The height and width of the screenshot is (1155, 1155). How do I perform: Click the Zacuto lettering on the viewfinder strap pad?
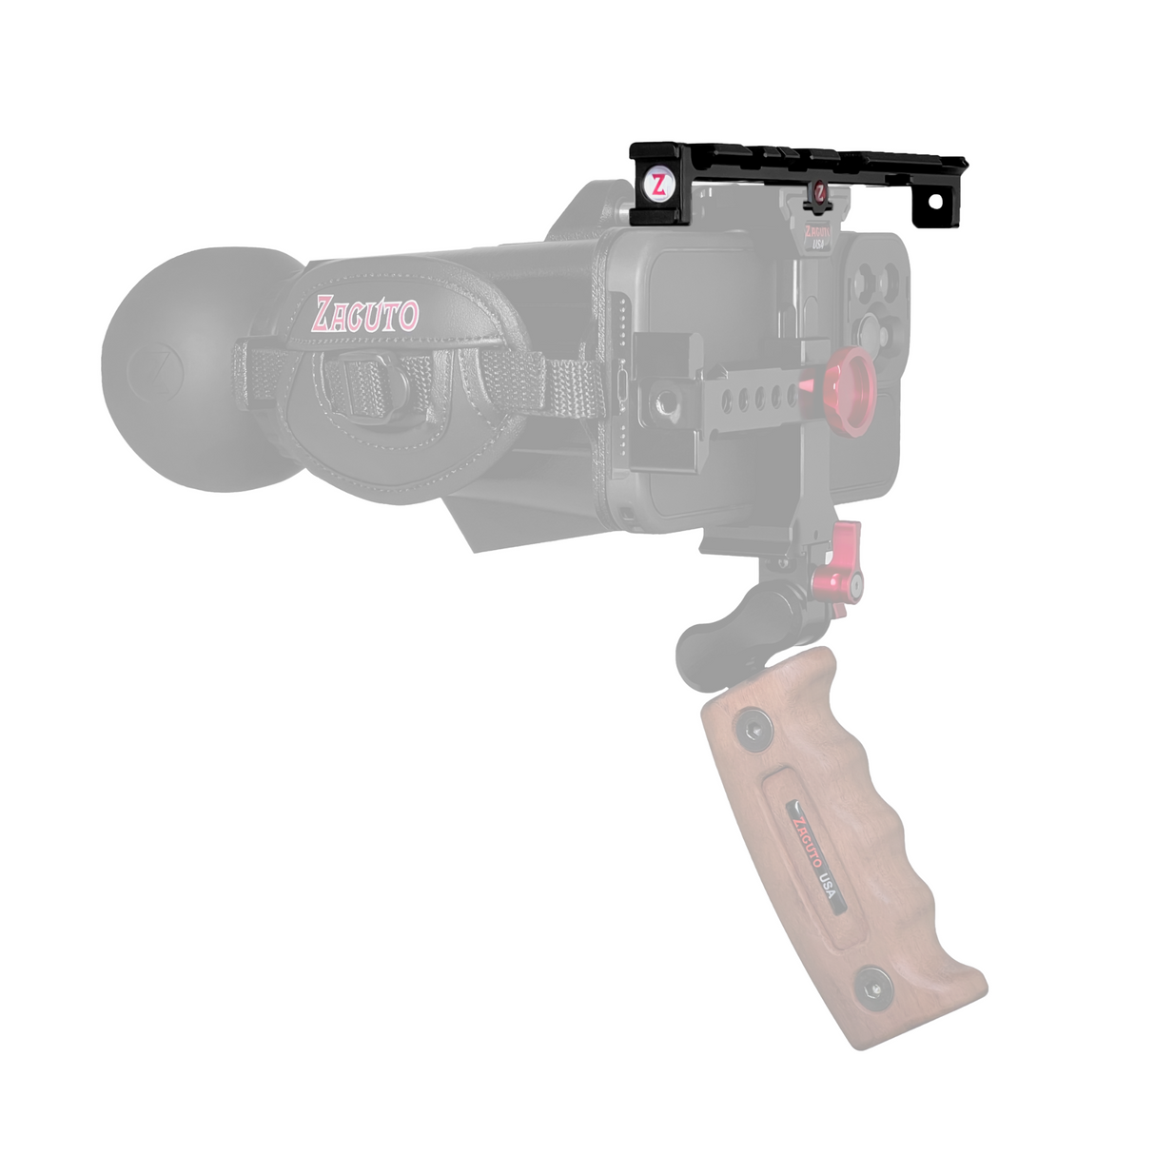coord(366,314)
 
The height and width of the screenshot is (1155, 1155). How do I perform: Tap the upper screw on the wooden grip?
coord(751,730)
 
